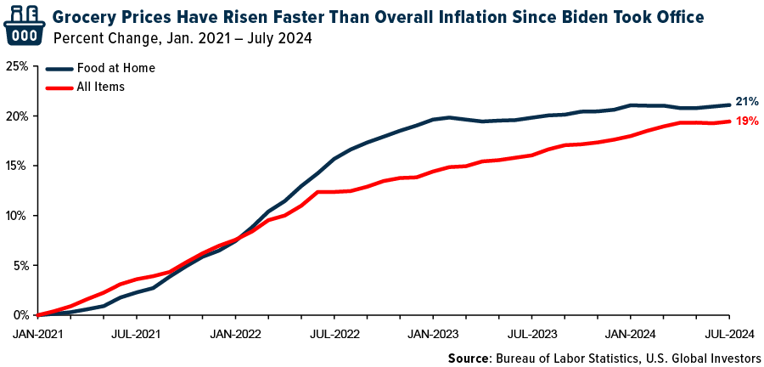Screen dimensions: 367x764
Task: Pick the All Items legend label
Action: point(101,86)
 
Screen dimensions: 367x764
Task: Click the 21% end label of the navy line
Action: point(747,102)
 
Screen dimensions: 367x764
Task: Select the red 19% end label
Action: point(747,121)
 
